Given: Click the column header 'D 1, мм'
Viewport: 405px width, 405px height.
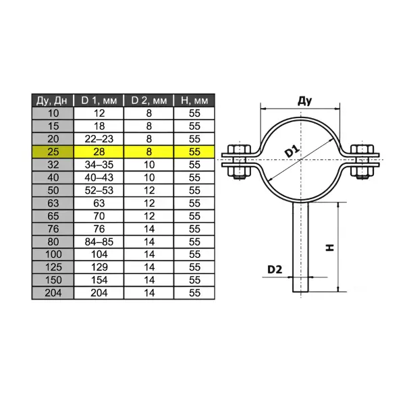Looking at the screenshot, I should tap(99, 101).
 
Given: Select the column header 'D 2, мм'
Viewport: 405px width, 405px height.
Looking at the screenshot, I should tap(148, 101).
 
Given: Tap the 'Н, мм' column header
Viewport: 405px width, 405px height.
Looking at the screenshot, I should tap(195, 101).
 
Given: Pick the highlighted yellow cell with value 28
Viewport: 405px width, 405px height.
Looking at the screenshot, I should tap(99, 152).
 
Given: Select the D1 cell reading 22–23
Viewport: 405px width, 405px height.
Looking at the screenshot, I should tap(99, 139).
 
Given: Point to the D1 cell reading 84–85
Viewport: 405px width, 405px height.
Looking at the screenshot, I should tap(99, 242).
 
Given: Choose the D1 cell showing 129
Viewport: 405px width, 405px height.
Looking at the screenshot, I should tap(99, 267).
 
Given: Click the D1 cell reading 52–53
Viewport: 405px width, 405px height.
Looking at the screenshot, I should tap(99, 190).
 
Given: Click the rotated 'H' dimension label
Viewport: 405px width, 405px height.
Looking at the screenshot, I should tap(329, 247).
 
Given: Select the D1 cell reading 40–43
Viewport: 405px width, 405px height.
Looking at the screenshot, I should tap(99, 178).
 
